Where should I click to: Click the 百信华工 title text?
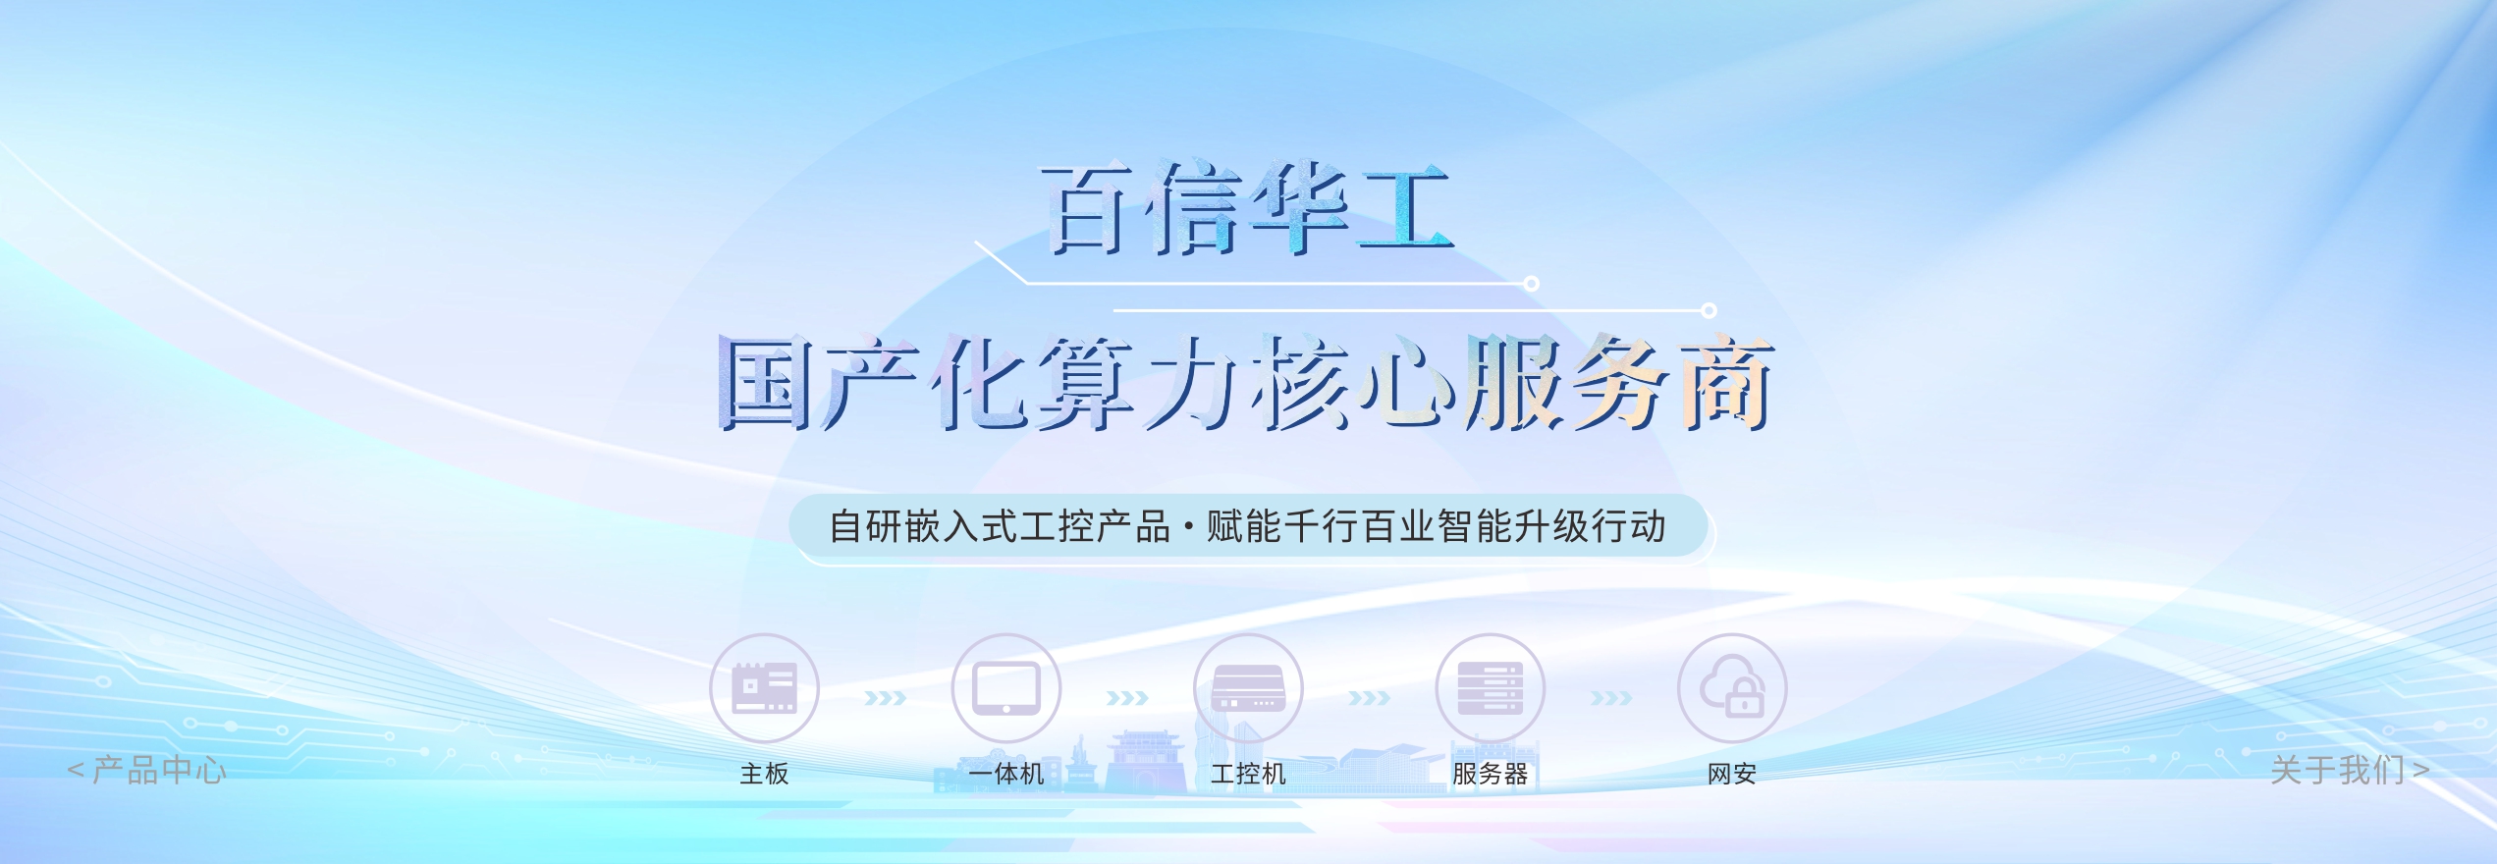pyautogui.click(x=1247, y=209)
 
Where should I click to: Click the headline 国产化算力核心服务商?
pyautogui.click(x=1245, y=383)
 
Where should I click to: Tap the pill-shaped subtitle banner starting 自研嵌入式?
pyautogui.click(x=1247, y=526)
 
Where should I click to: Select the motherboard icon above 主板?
pyautogui.click(x=764, y=687)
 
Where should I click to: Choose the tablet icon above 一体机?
pyautogui.click(x=1005, y=687)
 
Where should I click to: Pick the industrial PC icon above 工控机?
pyautogui.click(x=1248, y=687)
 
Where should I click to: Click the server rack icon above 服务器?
pyautogui.click(x=1490, y=687)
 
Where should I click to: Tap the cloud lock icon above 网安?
pyautogui.click(x=1732, y=687)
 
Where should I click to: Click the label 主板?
pyautogui.click(x=764, y=774)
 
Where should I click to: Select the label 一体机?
pyautogui.click(x=1005, y=774)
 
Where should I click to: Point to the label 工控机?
pyautogui.click(x=1248, y=774)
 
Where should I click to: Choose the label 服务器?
pyautogui.click(x=1490, y=774)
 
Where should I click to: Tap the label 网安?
pyautogui.click(x=1732, y=774)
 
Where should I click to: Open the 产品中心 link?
pyautogui.click(x=147, y=770)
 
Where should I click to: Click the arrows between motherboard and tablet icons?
pyautogui.click(x=885, y=698)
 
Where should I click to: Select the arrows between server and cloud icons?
pyautogui.click(x=1611, y=698)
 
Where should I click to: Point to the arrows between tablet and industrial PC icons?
pyautogui.click(x=1127, y=698)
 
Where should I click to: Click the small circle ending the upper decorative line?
pyautogui.click(x=1531, y=284)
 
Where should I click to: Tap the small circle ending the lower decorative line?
pyautogui.click(x=1709, y=310)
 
